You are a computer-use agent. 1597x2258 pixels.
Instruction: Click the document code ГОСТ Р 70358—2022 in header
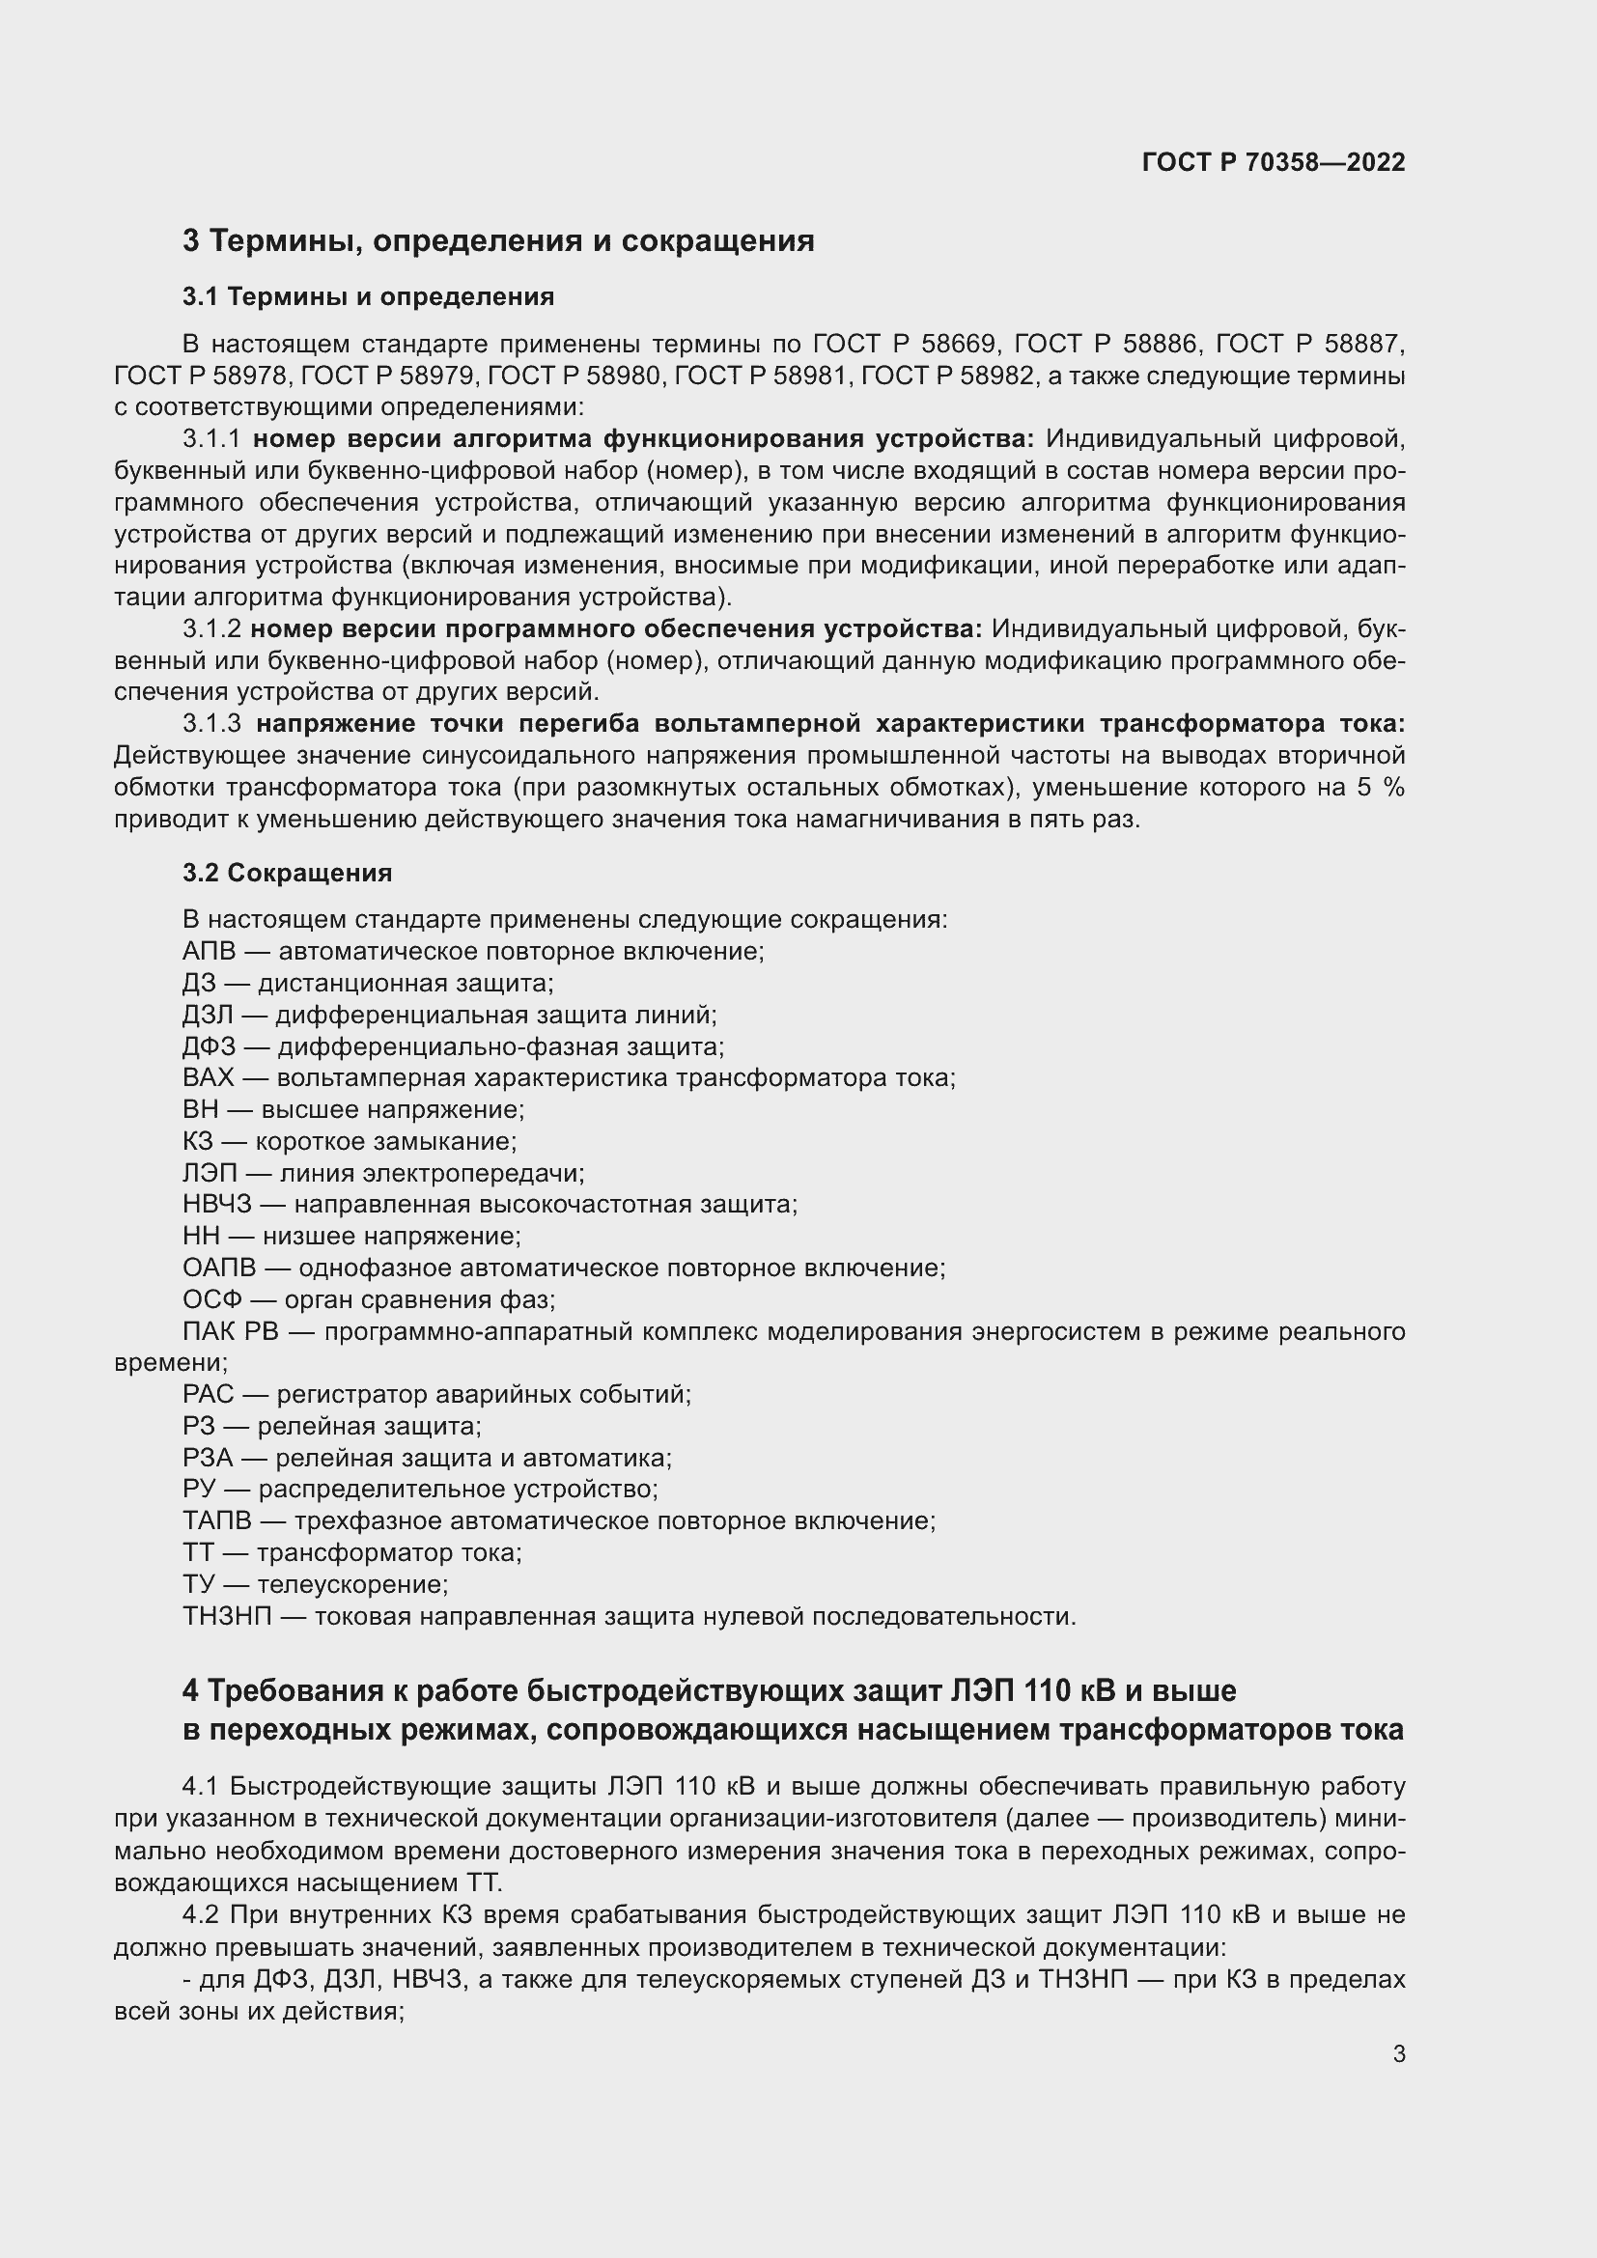[1274, 162]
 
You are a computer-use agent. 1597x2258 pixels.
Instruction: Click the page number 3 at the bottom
[1398, 2053]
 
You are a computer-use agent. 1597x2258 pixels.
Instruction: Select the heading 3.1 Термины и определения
[368, 296]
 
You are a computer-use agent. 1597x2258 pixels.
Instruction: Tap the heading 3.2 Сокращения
[286, 873]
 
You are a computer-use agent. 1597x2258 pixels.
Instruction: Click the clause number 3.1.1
[211, 438]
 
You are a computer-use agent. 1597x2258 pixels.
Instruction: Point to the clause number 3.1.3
[211, 724]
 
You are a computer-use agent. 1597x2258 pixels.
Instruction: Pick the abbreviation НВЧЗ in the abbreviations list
[216, 1205]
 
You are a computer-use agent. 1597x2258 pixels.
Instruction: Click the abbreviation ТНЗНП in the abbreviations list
[226, 1617]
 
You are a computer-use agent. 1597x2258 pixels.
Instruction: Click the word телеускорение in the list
[353, 1584]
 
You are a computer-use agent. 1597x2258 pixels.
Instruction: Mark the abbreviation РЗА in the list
[208, 1458]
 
